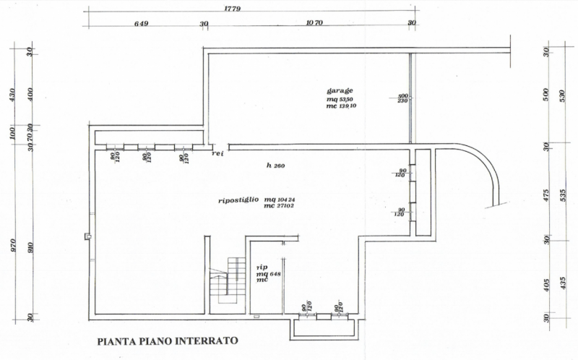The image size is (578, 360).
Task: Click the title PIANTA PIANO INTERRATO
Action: click(166, 340)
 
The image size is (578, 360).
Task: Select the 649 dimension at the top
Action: click(141, 24)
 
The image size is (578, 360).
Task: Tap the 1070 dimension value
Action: click(314, 24)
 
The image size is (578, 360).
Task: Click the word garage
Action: click(339, 90)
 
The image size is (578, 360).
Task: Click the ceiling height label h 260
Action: click(275, 166)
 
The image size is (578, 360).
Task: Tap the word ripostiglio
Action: click(239, 200)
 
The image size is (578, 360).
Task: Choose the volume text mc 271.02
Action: click(279, 207)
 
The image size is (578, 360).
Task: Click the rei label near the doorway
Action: click(218, 154)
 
